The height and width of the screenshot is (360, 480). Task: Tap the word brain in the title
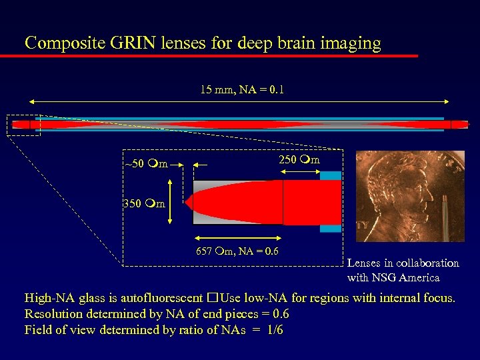pyautogui.click(x=286, y=43)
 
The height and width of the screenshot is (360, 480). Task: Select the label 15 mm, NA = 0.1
pyautogui.click(x=242, y=89)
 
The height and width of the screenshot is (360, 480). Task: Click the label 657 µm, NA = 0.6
pyautogui.click(x=237, y=251)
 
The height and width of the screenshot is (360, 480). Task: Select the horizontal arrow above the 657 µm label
pyautogui.click(x=237, y=238)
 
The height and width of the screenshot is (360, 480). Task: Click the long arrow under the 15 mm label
pyautogui.click(x=240, y=101)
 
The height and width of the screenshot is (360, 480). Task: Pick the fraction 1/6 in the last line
pyautogui.click(x=273, y=330)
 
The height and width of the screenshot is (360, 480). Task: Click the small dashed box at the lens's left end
pyautogui.click(x=23, y=125)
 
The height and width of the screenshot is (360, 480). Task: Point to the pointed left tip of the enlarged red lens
pyautogui.click(x=187, y=202)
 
